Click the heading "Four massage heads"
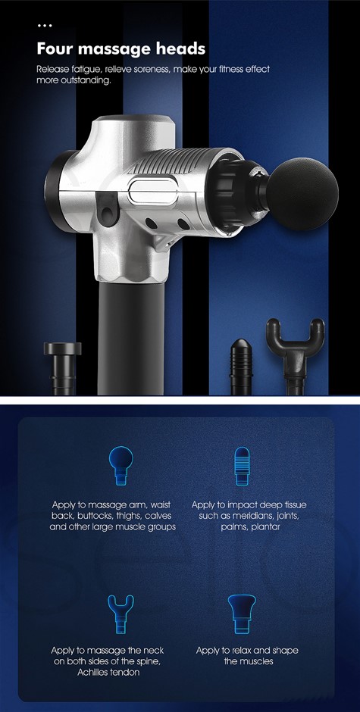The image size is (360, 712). pos(121,49)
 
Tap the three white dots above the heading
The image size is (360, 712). pos(45,26)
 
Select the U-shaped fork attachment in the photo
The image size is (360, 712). pos(295,350)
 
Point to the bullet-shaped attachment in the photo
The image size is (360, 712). pos(242,367)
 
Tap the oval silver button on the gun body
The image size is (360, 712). pos(152,192)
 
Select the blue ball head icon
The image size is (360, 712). pos(121,465)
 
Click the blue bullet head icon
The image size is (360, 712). pos(242,466)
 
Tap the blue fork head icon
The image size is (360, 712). pos(121,614)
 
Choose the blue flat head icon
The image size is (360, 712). pos(242,614)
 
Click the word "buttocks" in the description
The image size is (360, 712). pos(96,516)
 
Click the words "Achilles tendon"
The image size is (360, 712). pos(108,673)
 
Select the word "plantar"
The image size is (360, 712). pos(265,527)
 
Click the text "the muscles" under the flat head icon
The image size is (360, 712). pos(248,661)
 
